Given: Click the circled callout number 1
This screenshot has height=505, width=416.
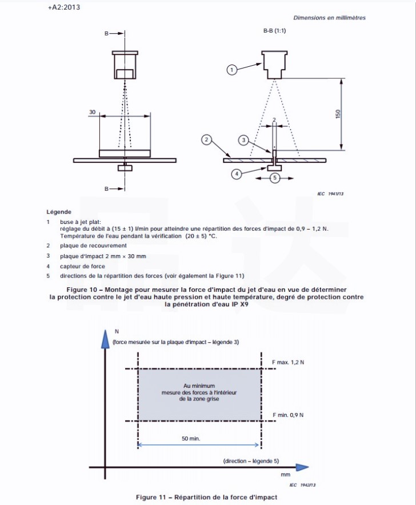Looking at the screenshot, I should point(231,70).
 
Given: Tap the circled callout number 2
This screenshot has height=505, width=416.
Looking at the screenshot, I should point(207,139).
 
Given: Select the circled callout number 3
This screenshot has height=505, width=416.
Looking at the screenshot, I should point(243,139).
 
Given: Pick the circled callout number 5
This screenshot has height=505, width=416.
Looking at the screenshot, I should point(274,178).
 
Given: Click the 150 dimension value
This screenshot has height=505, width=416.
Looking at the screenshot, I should point(338,114).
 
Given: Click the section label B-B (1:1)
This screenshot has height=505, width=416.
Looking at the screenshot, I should point(274,30).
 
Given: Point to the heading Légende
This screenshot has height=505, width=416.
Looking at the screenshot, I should point(59,212).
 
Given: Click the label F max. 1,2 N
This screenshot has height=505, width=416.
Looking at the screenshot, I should point(288,362).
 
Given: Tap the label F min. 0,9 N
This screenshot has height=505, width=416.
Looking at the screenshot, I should point(287,415).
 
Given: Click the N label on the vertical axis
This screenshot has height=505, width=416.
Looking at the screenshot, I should point(117,331).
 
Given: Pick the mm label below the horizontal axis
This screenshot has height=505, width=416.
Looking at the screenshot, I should point(286,474).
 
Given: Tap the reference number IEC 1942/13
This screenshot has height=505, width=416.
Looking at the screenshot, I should point(302,484).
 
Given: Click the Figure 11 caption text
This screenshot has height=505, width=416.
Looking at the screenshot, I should point(206,497).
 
